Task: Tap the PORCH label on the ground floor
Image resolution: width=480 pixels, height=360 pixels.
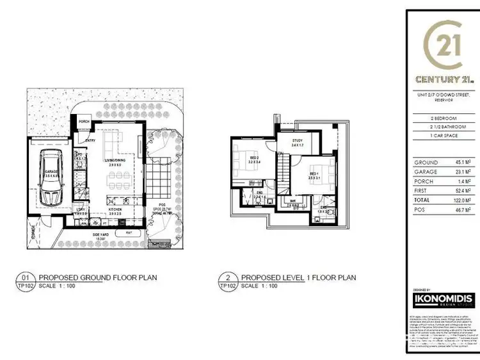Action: (83, 122)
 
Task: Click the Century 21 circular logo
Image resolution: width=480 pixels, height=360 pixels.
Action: (442, 48)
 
